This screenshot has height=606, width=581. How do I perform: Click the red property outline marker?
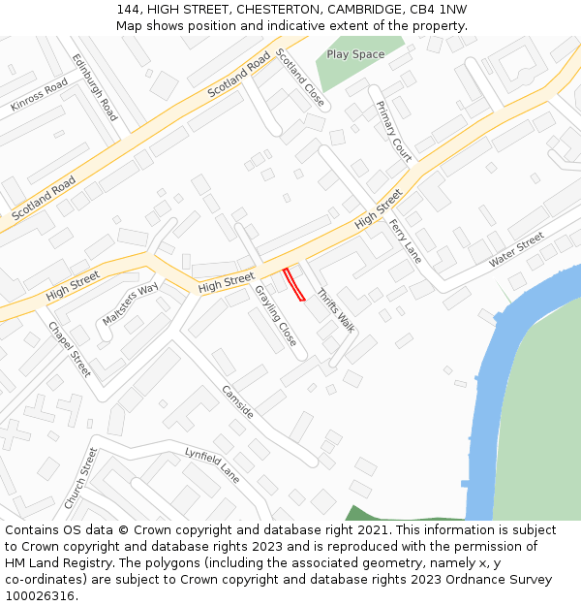(293, 285)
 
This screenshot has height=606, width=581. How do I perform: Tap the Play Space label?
(355, 54)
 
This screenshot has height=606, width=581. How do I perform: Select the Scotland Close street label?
(300, 77)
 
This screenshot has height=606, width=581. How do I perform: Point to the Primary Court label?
(394, 131)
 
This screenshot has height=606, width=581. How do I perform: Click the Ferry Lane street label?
(406, 240)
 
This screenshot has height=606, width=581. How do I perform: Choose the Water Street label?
(516, 249)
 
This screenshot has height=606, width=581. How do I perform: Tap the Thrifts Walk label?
(336, 311)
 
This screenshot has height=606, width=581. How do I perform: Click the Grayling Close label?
(276, 315)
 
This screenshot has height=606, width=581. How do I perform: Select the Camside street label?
(237, 402)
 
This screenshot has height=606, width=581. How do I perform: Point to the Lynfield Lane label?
(212, 465)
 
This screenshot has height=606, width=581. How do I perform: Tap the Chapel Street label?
(70, 349)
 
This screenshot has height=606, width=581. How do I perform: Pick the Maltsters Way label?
(130, 303)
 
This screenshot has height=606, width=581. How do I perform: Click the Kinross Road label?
(40, 95)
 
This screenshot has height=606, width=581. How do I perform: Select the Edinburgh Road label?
(95, 87)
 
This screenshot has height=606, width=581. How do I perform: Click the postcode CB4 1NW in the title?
(436, 10)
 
